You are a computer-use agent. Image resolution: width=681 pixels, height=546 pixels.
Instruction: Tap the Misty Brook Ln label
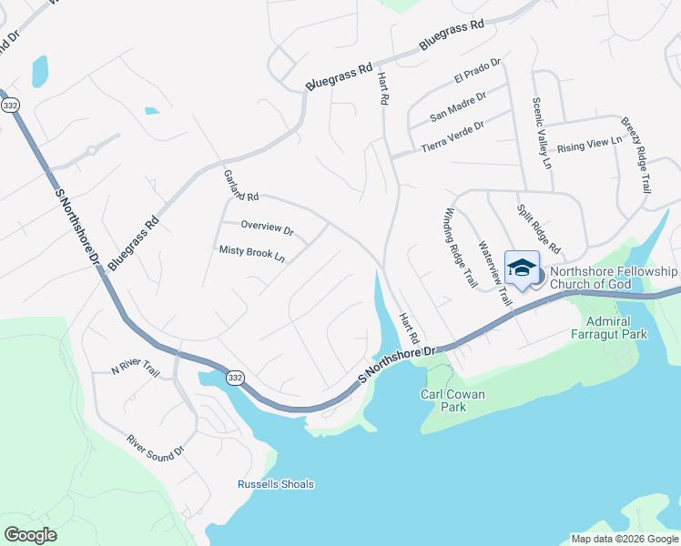pyautogui.click(x=252, y=251)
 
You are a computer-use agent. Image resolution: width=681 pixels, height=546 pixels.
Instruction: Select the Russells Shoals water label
pyautogui.click(x=276, y=484)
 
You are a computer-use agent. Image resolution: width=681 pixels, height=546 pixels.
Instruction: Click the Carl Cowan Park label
pyautogui.click(x=455, y=400)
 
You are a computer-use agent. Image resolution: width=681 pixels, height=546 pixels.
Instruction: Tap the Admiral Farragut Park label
pyautogui.click(x=615, y=329)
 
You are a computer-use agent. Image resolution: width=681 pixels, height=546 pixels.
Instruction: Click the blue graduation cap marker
pyautogui.click(x=522, y=268)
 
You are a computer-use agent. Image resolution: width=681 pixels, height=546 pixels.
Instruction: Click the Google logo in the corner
pyautogui.click(x=30, y=535)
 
